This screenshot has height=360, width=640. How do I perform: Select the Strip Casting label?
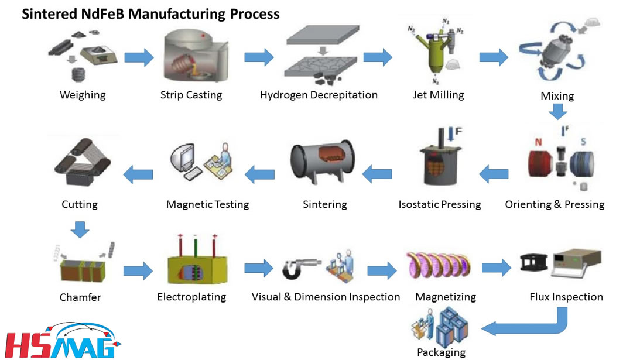tap(191, 95)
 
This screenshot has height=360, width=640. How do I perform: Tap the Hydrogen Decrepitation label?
tap(319, 95)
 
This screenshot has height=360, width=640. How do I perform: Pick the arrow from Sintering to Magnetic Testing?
tap(259, 173)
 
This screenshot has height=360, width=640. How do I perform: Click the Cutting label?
tap(79, 204)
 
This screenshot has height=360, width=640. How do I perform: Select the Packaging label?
tap(441, 352)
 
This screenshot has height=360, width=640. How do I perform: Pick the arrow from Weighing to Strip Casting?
tap(139, 57)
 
